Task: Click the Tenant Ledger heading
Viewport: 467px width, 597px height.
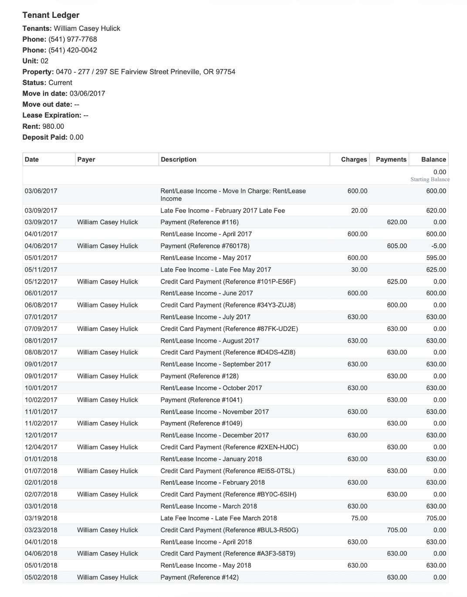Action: [51, 15]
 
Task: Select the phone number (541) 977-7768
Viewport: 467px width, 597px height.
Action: [72, 39]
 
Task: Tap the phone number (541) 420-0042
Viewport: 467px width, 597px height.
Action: [72, 50]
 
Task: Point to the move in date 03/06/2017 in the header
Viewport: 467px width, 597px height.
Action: [87, 94]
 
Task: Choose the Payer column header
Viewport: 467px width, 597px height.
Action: [86, 159]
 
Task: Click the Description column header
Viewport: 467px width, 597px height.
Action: [179, 159]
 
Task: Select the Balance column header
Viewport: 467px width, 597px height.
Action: [433, 159]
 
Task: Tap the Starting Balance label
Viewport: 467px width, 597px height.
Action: [430, 179]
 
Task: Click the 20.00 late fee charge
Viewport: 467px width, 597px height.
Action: [359, 211]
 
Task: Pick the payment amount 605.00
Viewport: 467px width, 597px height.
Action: [397, 246]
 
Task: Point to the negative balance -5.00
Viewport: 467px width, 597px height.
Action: [439, 246]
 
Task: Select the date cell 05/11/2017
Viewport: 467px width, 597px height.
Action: [41, 270]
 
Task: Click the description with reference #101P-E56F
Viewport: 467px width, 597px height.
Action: [228, 282]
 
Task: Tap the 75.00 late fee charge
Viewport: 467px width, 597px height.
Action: [359, 518]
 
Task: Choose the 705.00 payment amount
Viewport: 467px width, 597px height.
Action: [397, 530]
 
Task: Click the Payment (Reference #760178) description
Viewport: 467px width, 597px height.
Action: [205, 246]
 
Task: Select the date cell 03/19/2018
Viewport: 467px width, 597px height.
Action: [41, 518]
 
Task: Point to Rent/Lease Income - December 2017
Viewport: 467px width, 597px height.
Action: [214, 435]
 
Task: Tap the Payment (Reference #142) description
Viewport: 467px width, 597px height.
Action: [200, 577]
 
